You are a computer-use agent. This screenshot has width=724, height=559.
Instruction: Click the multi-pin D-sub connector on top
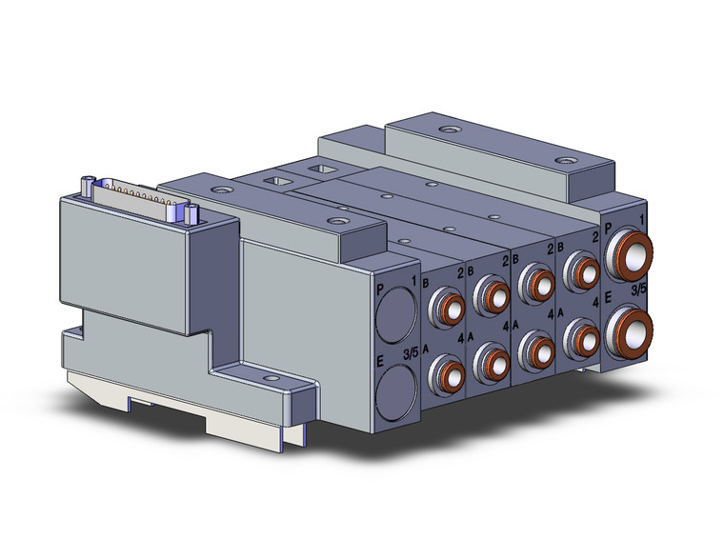tap(140, 199)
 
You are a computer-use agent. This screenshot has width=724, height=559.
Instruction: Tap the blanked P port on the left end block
tap(395, 315)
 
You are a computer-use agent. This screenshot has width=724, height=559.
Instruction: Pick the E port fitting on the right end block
tap(629, 333)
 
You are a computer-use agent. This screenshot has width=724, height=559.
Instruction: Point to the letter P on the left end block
tap(380, 289)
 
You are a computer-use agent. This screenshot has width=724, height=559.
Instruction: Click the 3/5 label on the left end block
tap(411, 353)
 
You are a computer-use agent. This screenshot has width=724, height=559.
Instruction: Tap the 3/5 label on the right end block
tap(638, 289)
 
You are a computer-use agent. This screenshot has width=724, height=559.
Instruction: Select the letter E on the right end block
tap(608, 298)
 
